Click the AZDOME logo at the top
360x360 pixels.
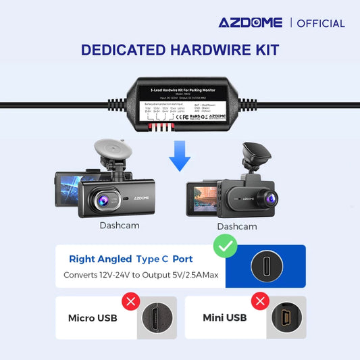click(x=250, y=22)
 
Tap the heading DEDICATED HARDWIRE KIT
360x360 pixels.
click(x=180, y=50)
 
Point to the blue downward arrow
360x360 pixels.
click(x=180, y=155)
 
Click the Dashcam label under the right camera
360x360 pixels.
click(x=237, y=226)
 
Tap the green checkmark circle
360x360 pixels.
click(x=225, y=246)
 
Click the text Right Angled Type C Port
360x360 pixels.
click(x=130, y=259)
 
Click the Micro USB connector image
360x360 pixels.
click(x=156, y=318)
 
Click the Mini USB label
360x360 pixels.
click(x=224, y=317)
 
